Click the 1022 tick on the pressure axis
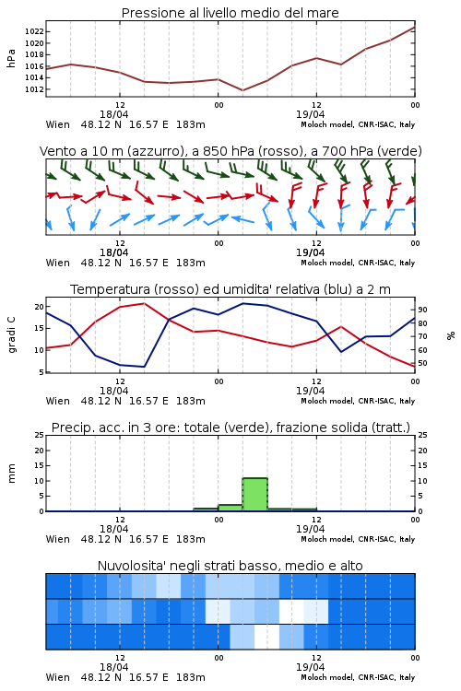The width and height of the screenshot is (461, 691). click(x=34, y=31)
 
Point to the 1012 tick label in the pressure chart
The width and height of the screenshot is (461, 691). click(x=34, y=89)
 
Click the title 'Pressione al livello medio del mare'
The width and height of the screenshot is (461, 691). click(x=230, y=13)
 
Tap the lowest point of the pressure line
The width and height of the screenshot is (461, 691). click(x=242, y=90)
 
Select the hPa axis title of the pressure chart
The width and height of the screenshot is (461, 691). click(x=11, y=58)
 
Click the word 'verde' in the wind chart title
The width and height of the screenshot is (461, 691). click(x=401, y=152)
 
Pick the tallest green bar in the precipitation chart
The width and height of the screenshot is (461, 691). click(x=255, y=495)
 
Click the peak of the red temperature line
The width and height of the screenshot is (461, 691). click(x=144, y=303)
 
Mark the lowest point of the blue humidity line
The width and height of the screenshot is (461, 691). click(x=144, y=367)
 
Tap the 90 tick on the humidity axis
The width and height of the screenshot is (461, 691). click(x=422, y=310)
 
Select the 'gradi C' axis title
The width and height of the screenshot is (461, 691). click(x=12, y=334)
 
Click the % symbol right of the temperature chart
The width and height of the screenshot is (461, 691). click(x=451, y=335)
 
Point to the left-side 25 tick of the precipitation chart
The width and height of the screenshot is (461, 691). click(x=40, y=436)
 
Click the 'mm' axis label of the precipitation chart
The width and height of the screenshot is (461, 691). click(x=11, y=474)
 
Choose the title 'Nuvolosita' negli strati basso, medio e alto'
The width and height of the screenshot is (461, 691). click(x=230, y=566)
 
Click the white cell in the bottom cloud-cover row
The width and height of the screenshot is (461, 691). click(x=266, y=637)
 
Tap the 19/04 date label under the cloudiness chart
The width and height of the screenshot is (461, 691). click(x=311, y=667)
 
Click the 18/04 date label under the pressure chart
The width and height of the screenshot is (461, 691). click(x=114, y=114)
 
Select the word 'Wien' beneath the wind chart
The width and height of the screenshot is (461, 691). click(x=58, y=264)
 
